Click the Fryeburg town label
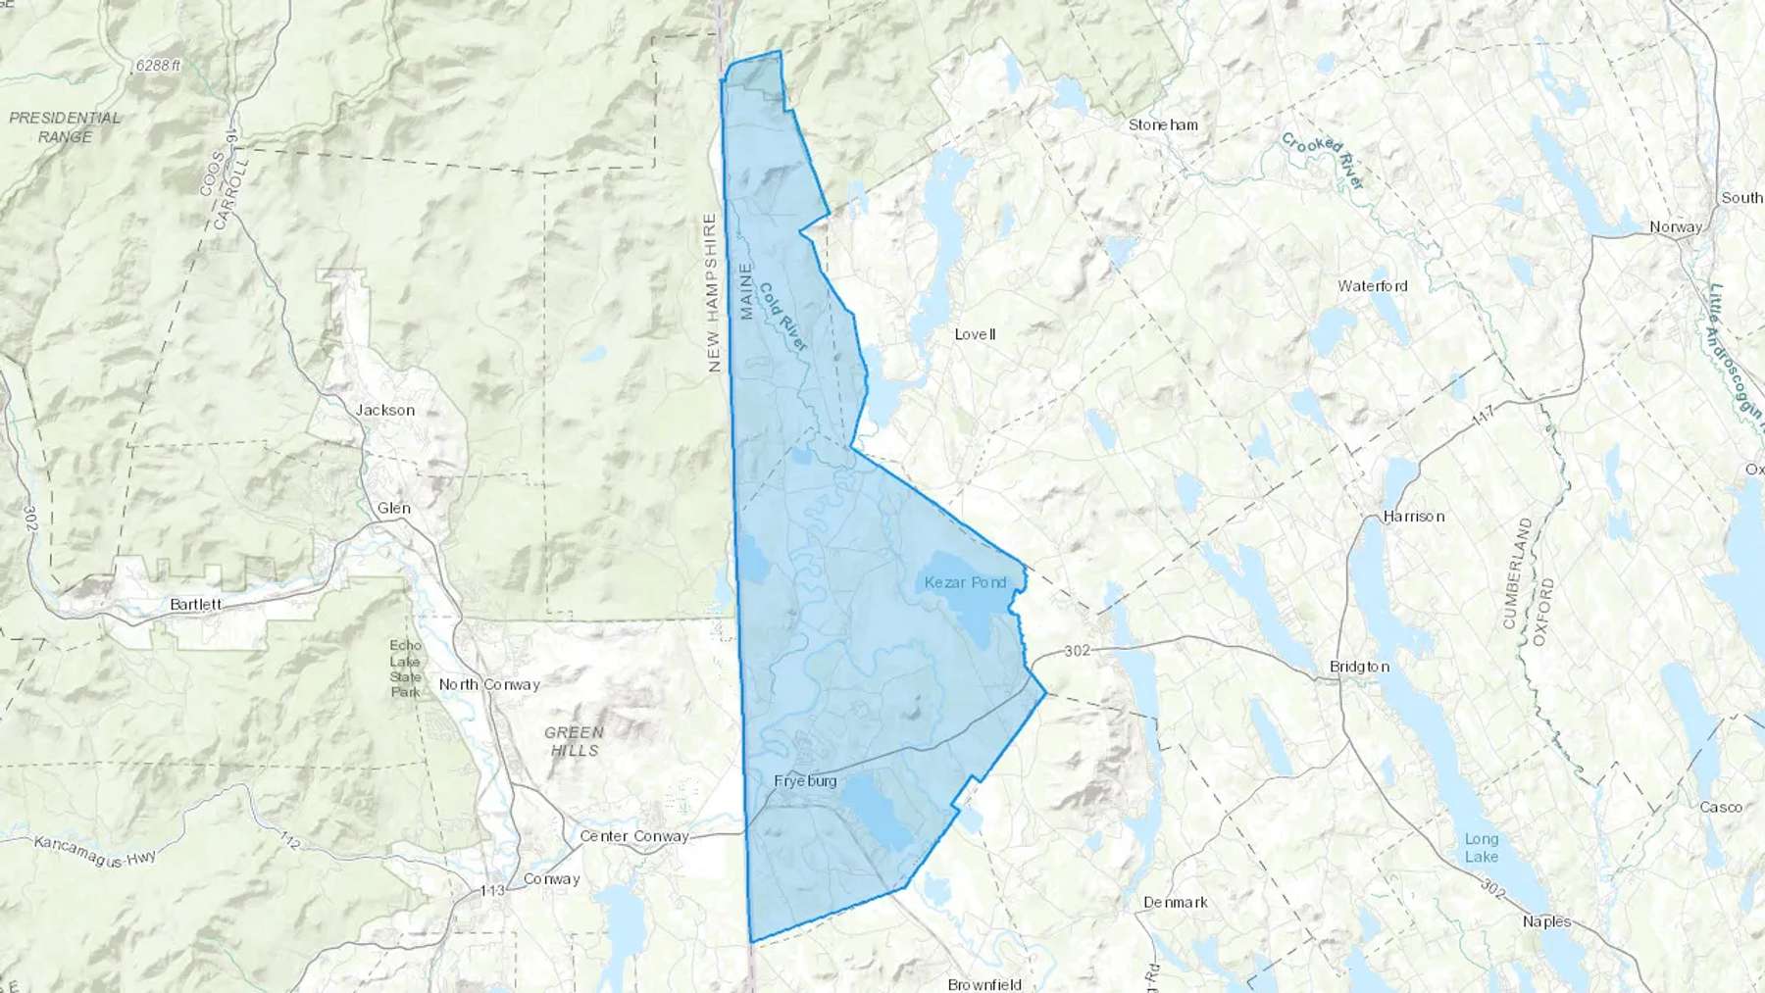[805, 781]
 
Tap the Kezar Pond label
[965, 582]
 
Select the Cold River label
[782, 317]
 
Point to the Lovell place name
[975, 334]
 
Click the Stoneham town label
[1162, 125]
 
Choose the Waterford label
[1372, 286]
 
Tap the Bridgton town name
[1359, 667]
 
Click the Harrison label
[1413, 517]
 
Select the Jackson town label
[385, 411]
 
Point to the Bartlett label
[195, 605]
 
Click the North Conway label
[489, 684]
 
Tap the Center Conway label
[634, 836]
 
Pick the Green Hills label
[575, 741]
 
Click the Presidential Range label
[65, 127]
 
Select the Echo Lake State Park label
[405, 669]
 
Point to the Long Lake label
[1481, 848]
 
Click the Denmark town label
[1175, 902]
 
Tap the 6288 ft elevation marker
[159, 66]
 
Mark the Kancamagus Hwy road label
[95, 850]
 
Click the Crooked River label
[1323, 161]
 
